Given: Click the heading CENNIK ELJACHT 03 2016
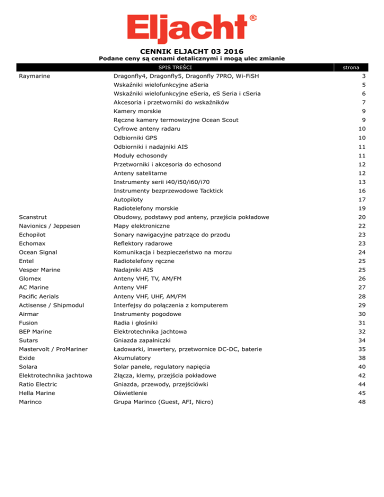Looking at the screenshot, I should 191,51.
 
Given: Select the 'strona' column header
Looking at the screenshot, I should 354,67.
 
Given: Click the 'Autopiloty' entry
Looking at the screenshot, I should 128,199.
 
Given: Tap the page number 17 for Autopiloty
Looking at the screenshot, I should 362,199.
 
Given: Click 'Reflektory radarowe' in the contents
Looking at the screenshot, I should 143,243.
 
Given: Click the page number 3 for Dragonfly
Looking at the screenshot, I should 364,76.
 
